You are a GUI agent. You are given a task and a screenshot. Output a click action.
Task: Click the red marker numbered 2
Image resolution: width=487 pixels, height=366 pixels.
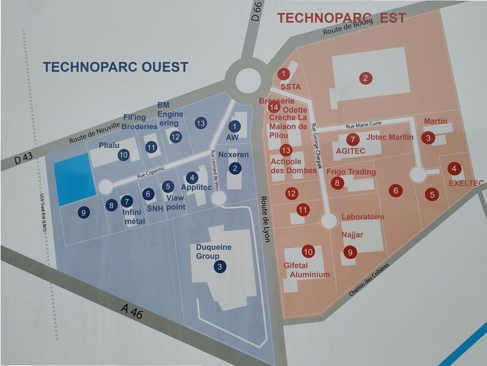coord(365,77)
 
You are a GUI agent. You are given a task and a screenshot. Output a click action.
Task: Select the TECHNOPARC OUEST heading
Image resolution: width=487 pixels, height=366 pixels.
coord(115,67)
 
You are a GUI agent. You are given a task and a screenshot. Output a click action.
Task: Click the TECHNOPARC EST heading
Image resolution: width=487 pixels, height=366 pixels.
coord(342,18)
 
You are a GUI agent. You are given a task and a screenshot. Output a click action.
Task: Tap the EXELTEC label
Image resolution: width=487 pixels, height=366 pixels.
coord(466,183)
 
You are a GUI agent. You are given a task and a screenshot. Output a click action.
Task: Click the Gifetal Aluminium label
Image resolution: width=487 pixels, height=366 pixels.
coord(307,270)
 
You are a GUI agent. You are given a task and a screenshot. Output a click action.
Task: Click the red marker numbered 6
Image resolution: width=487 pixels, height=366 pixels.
coord(396,190)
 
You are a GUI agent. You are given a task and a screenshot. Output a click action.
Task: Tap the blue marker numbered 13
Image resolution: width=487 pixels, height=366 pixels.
coord(201,123)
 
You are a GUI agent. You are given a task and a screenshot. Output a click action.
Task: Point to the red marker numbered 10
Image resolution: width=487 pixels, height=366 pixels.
coord(308,251)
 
